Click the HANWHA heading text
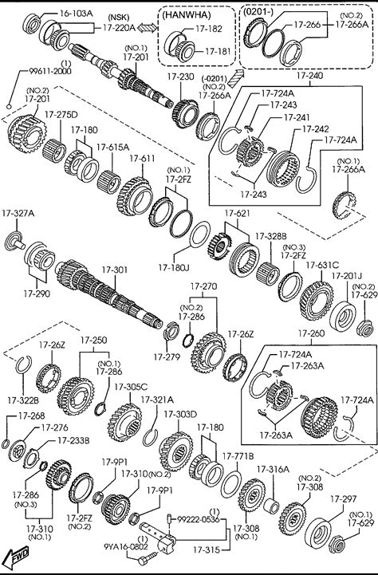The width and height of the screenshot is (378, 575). (x=187, y=14)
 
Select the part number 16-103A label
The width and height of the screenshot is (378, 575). (x=77, y=14)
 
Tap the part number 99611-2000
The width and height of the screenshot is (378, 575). (x=50, y=71)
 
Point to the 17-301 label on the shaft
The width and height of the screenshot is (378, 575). (x=115, y=270)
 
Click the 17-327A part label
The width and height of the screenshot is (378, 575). (x=18, y=213)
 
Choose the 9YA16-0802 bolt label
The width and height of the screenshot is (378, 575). (x=126, y=547)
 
